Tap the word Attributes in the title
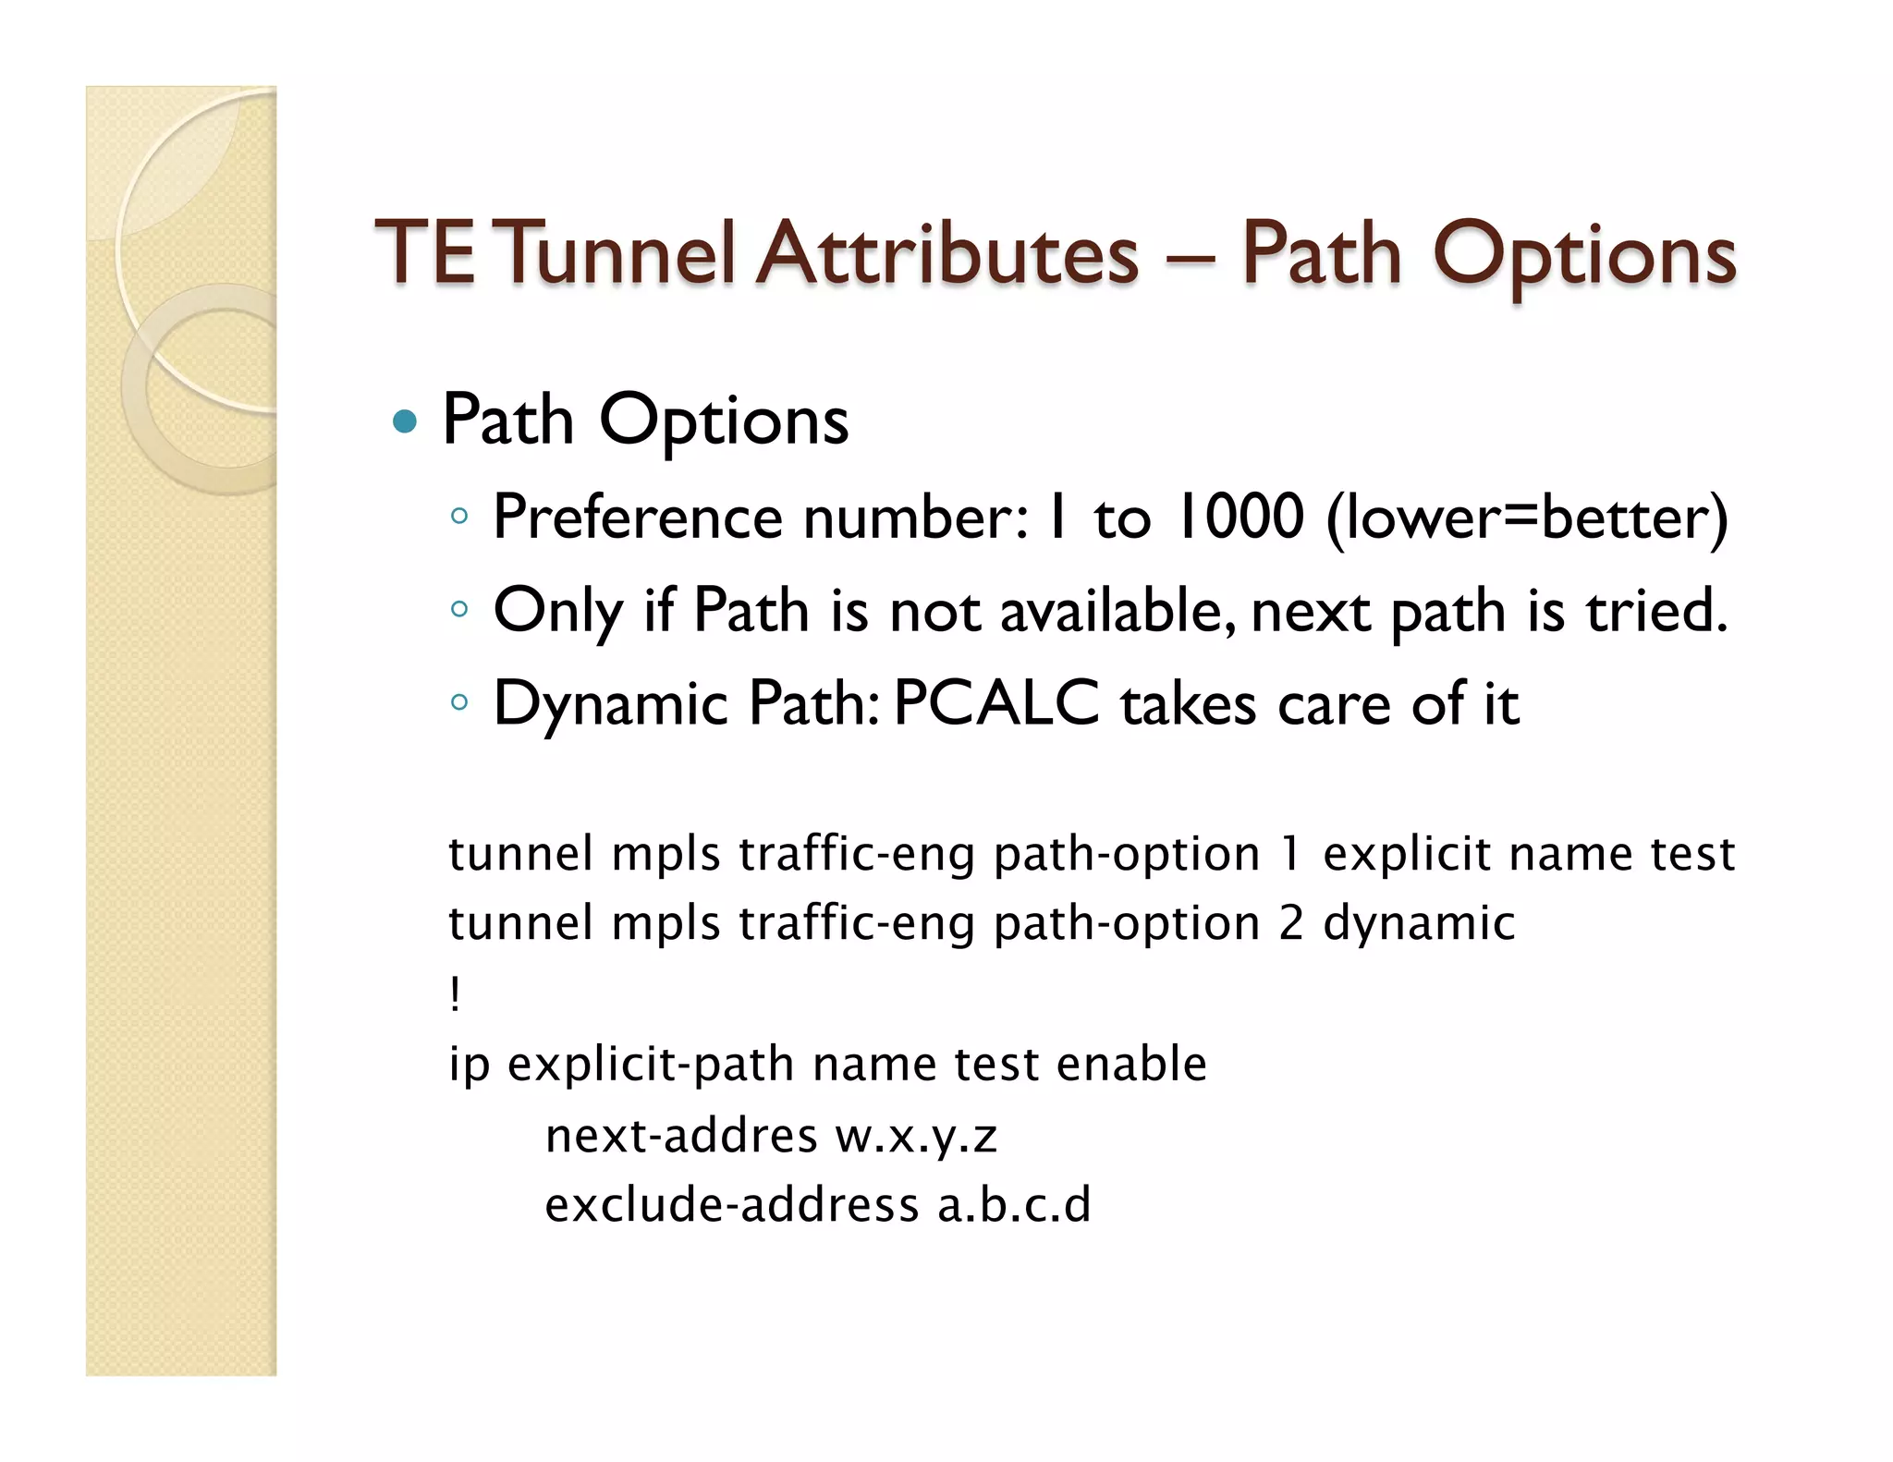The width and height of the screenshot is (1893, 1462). [x=947, y=253]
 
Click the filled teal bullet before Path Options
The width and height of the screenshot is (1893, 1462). [x=405, y=422]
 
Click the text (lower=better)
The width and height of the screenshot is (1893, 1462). [x=1526, y=518]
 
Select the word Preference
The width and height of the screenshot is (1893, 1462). [x=638, y=518]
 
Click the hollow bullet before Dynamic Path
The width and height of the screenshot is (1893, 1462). [x=459, y=702]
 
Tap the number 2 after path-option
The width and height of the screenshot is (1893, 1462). [x=1291, y=923]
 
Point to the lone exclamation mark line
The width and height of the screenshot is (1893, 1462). [x=455, y=995]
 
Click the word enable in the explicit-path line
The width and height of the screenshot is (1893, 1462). [x=1131, y=1064]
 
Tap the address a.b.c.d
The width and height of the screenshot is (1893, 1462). [x=1014, y=1205]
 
